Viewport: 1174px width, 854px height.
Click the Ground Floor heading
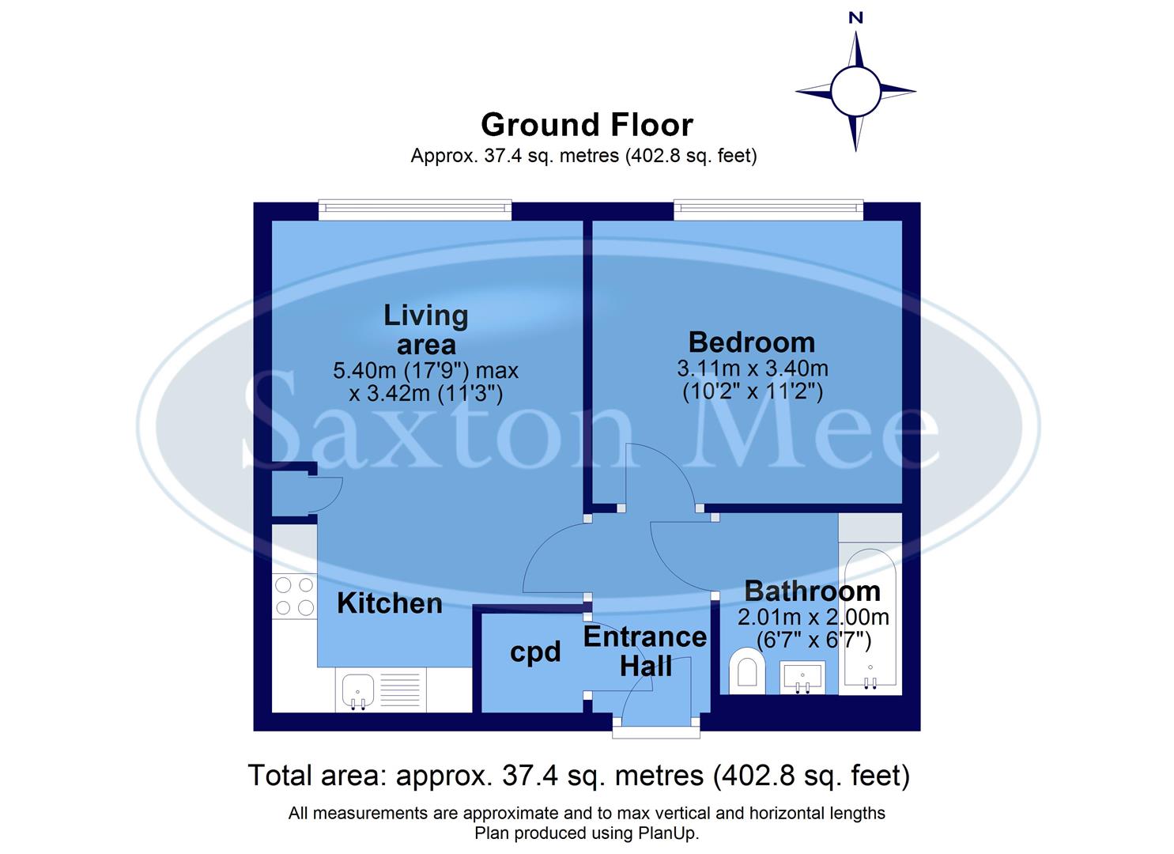coord(587,125)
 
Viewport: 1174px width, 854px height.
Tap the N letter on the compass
coord(855,18)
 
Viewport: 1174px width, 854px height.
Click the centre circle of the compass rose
coord(855,90)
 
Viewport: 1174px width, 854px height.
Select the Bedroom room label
coord(751,342)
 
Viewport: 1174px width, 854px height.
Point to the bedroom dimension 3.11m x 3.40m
coord(752,368)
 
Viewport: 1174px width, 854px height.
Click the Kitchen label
coord(389,603)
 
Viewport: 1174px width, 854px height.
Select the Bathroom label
coord(812,591)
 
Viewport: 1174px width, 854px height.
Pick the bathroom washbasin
coord(802,678)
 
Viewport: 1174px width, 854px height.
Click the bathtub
coord(870,617)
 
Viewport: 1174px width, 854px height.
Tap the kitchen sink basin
coord(358,689)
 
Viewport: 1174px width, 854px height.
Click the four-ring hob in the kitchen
coord(294,596)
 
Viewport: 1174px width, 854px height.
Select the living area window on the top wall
coord(415,210)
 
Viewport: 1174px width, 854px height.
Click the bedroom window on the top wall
coord(768,210)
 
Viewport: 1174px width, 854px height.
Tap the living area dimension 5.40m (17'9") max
coord(425,370)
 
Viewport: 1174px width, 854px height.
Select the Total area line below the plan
coord(579,776)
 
